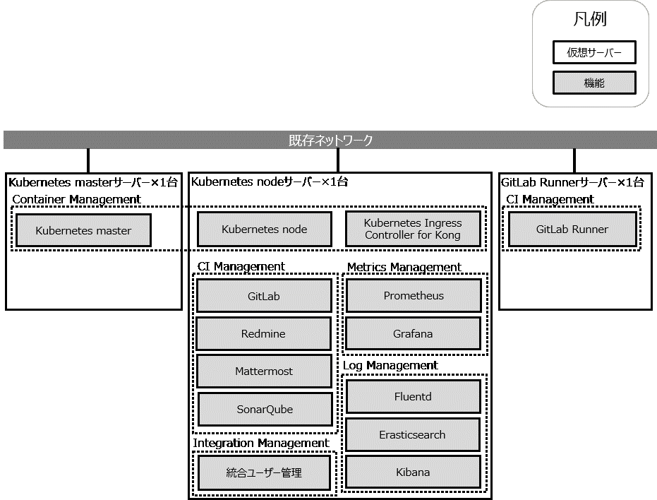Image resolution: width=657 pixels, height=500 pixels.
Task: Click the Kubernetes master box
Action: pos(83,230)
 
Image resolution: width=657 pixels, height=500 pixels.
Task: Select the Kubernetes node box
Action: pos(264,230)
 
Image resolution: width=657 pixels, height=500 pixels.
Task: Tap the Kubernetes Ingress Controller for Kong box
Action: pos(413,230)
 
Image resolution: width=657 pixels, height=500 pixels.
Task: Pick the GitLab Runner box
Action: pos(572,230)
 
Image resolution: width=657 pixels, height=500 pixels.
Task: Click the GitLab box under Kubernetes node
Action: pos(264,296)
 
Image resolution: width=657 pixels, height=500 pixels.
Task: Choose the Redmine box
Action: pos(263,333)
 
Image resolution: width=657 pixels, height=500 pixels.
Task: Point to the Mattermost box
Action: pos(264,371)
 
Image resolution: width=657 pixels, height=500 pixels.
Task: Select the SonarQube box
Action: pos(265,410)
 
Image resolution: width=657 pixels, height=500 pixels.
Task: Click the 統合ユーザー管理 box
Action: pos(264,472)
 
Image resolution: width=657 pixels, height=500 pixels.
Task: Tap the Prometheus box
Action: pos(414,295)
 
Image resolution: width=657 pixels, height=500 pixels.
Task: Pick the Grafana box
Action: pos(413,333)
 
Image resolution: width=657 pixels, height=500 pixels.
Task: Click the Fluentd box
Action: pos(413,397)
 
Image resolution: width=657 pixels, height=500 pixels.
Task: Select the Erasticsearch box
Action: pos(412,434)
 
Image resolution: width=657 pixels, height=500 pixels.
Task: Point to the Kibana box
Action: pos(413,472)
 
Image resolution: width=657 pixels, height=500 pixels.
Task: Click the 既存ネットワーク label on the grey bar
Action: pos(330,140)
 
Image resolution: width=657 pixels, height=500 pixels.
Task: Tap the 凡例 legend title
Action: pos(590,19)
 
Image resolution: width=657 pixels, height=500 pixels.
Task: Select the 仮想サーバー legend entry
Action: pos(594,52)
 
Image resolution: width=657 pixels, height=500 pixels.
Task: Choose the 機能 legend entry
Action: pos(594,83)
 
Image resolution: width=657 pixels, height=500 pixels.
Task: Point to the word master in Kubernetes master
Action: pos(113,231)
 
